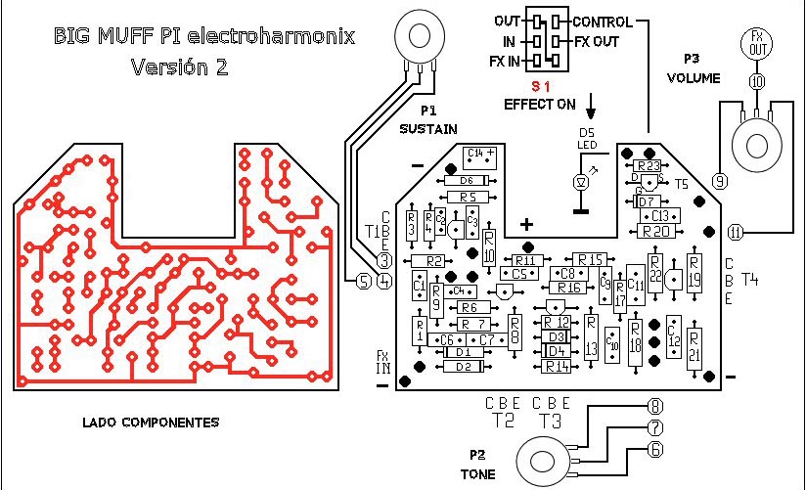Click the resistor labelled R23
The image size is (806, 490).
coord(648,166)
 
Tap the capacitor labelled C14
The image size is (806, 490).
coord(479,154)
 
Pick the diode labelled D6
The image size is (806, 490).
coord(466,181)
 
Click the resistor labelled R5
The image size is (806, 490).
coord(468,198)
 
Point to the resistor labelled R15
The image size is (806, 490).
coord(591,259)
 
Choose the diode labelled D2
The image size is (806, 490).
coord(465,366)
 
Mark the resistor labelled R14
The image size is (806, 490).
coord(558,366)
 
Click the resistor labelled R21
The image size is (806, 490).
coord(694,343)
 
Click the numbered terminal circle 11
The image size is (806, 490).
coord(736,232)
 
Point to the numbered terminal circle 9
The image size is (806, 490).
coord(719,181)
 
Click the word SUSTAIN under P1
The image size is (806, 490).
coord(428,128)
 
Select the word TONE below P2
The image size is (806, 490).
coord(477,474)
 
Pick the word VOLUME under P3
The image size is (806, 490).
coord(694,77)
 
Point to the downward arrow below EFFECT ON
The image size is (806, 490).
coord(591,105)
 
